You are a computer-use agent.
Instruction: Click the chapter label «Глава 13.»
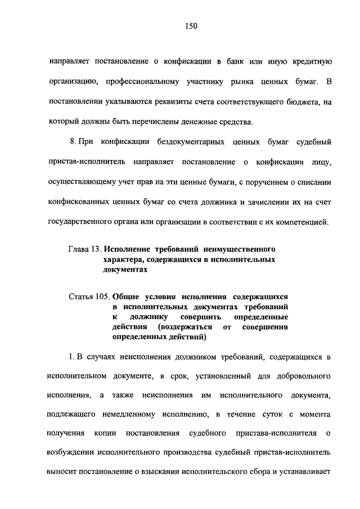[x=85, y=248]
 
